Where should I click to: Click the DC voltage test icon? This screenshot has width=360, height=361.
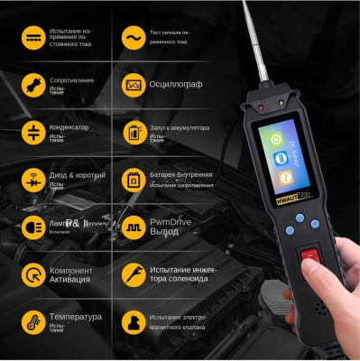tap(33, 38)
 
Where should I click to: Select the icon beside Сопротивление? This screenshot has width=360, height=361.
tap(33, 86)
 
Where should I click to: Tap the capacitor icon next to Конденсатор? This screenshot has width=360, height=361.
tap(33, 132)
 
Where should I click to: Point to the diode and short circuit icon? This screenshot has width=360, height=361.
tap(33, 178)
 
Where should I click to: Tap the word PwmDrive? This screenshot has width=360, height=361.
tap(171, 219)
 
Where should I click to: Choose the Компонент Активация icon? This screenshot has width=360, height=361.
tap(33, 273)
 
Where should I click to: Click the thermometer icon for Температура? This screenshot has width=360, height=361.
tap(33, 320)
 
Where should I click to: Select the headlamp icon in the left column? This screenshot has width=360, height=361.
tap(33, 225)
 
